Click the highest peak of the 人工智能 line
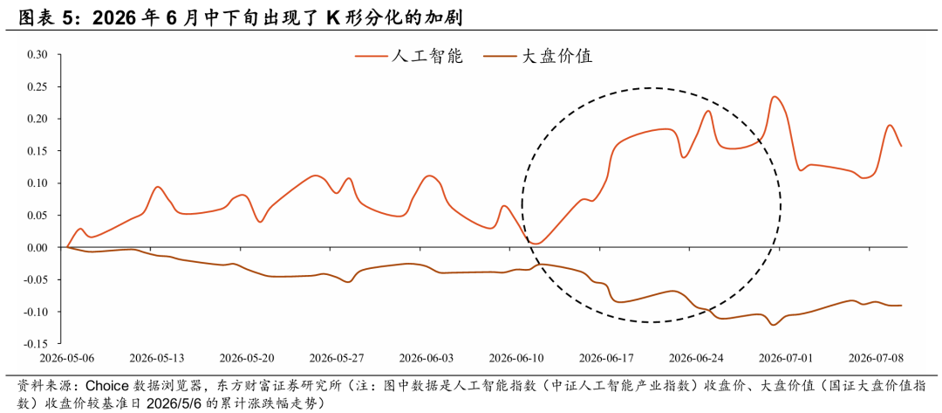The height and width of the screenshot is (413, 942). [775, 96]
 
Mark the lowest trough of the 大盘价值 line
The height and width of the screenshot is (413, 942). [773, 325]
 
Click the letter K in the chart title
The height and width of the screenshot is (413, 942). [333, 18]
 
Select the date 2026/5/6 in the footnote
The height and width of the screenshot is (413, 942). [180, 401]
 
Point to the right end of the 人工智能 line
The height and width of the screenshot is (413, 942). [902, 146]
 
